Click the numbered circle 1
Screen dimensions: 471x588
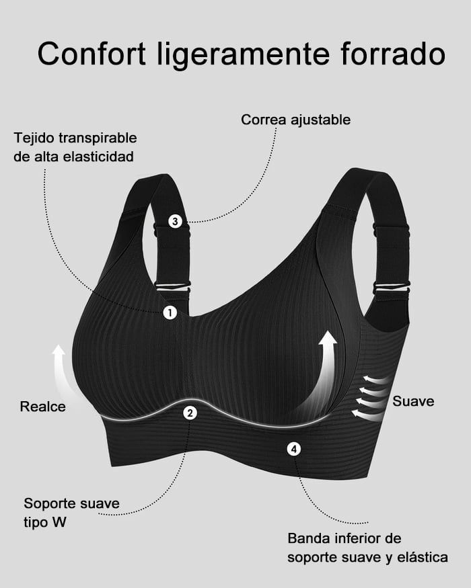pos(170,312)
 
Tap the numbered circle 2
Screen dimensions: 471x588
pos(190,413)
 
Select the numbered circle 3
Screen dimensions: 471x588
pos(175,221)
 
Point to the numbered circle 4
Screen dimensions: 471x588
pos(294,449)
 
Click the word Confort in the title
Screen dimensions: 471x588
pos(92,54)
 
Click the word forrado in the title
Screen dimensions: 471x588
pos(393,54)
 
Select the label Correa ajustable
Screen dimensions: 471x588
pos(295,120)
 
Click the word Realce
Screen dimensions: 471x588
pos(43,407)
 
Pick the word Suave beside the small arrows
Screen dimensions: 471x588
pos(413,401)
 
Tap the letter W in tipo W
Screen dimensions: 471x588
pos(59,522)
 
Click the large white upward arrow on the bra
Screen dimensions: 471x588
pos(320,375)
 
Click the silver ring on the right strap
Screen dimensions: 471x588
pos(391,287)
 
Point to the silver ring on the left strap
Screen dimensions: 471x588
pos(172,286)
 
